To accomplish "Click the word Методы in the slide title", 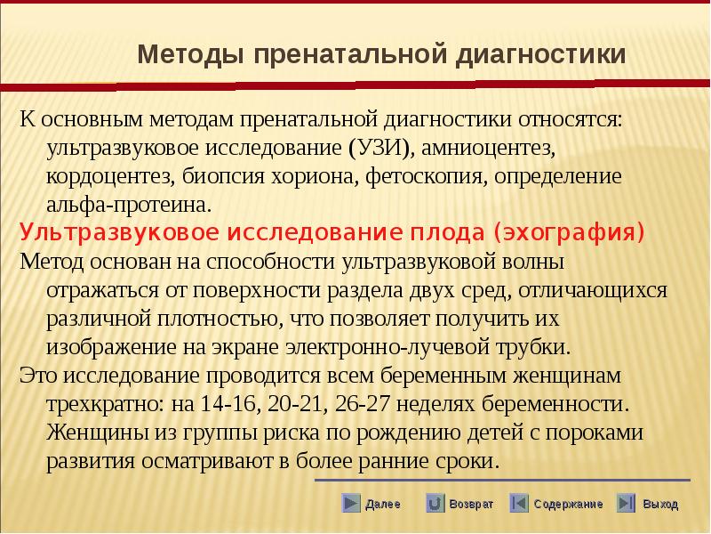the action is pos(191,54).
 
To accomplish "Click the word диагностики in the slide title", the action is pos(540,55).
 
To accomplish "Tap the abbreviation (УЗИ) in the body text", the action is pos(382,149).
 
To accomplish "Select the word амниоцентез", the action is pos(488,149).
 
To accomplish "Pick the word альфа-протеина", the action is pos(129,205).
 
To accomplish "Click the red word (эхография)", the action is pos(569,232).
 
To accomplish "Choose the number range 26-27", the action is pos(363,404).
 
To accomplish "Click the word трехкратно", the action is pos(106,404).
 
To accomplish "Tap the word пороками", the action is pos(594,433).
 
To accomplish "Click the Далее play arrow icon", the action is pos(350,503).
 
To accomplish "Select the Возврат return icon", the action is pos(435,503).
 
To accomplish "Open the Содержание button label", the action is pos(568,504).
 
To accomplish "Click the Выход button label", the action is pos(660,504).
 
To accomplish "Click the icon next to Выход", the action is pos(626,503).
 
